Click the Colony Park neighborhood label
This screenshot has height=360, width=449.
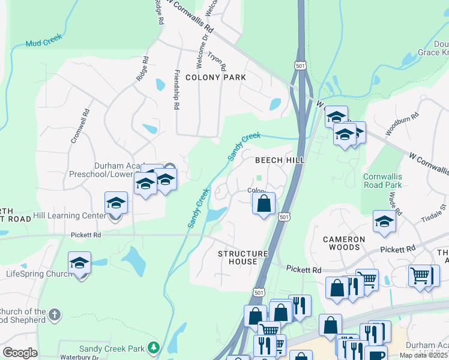coord(215,77)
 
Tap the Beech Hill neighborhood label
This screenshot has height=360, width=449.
coord(280,160)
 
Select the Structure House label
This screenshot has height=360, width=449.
coord(243,259)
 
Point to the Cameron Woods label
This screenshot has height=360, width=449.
coord(344,244)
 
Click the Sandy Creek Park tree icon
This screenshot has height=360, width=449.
coord(154,347)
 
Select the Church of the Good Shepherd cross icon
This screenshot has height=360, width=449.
coord(55,314)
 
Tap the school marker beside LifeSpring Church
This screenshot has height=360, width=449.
coord(79,264)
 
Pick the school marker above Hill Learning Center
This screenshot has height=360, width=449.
coord(116,203)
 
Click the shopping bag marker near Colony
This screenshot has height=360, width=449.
coord(264,204)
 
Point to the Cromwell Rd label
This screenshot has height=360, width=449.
coord(80,125)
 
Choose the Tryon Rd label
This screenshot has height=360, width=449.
coord(216,59)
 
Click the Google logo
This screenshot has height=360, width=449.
coord(20,353)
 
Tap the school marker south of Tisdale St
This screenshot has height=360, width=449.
coord(384,221)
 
